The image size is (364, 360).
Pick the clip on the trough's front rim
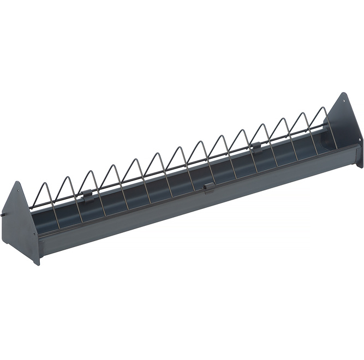(208, 187)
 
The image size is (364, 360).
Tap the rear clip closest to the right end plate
(255, 146)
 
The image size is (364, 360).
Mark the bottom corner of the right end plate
(361, 166)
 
